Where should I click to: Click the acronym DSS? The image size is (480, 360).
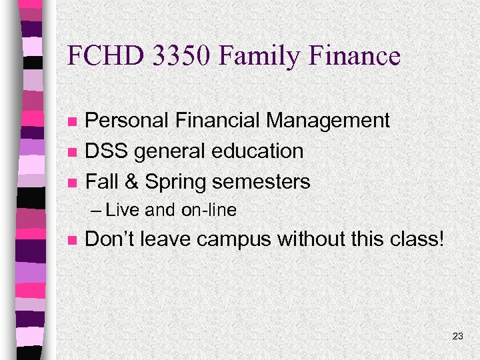tap(107, 151)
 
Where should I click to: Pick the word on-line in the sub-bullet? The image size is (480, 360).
tap(209, 211)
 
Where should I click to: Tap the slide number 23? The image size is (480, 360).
tap(457, 337)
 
